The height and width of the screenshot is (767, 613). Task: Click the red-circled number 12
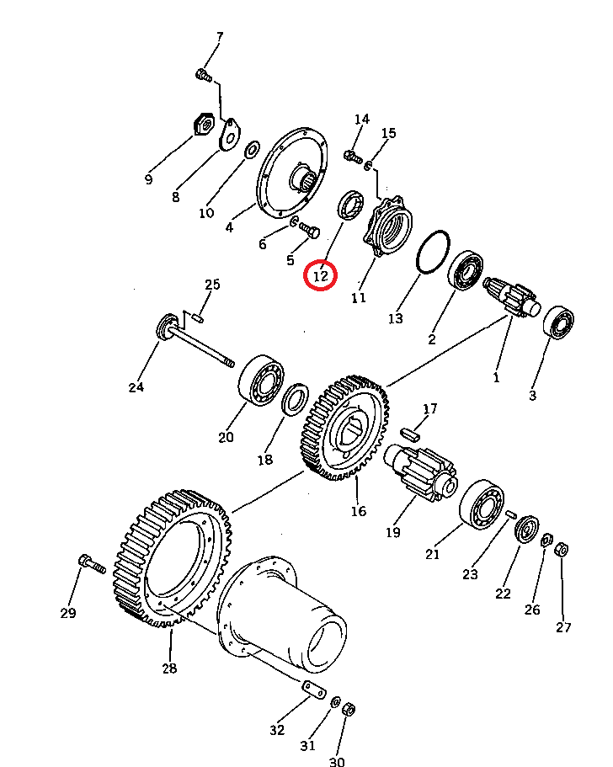320,276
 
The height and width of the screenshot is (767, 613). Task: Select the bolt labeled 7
204,75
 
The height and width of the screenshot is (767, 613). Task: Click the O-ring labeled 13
433,252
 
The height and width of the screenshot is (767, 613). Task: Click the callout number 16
359,511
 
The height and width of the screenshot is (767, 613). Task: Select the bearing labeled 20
261,380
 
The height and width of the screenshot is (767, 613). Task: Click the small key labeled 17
410,434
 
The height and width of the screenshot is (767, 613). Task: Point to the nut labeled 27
561,550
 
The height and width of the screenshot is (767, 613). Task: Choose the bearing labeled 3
558,322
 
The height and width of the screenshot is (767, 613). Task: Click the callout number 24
136,387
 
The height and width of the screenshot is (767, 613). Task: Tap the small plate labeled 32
313,690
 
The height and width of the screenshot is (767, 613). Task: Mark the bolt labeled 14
353,157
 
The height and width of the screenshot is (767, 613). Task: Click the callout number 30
337,762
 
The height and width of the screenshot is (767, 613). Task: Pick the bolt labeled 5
309,230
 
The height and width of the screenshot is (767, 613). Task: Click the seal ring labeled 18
296,399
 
